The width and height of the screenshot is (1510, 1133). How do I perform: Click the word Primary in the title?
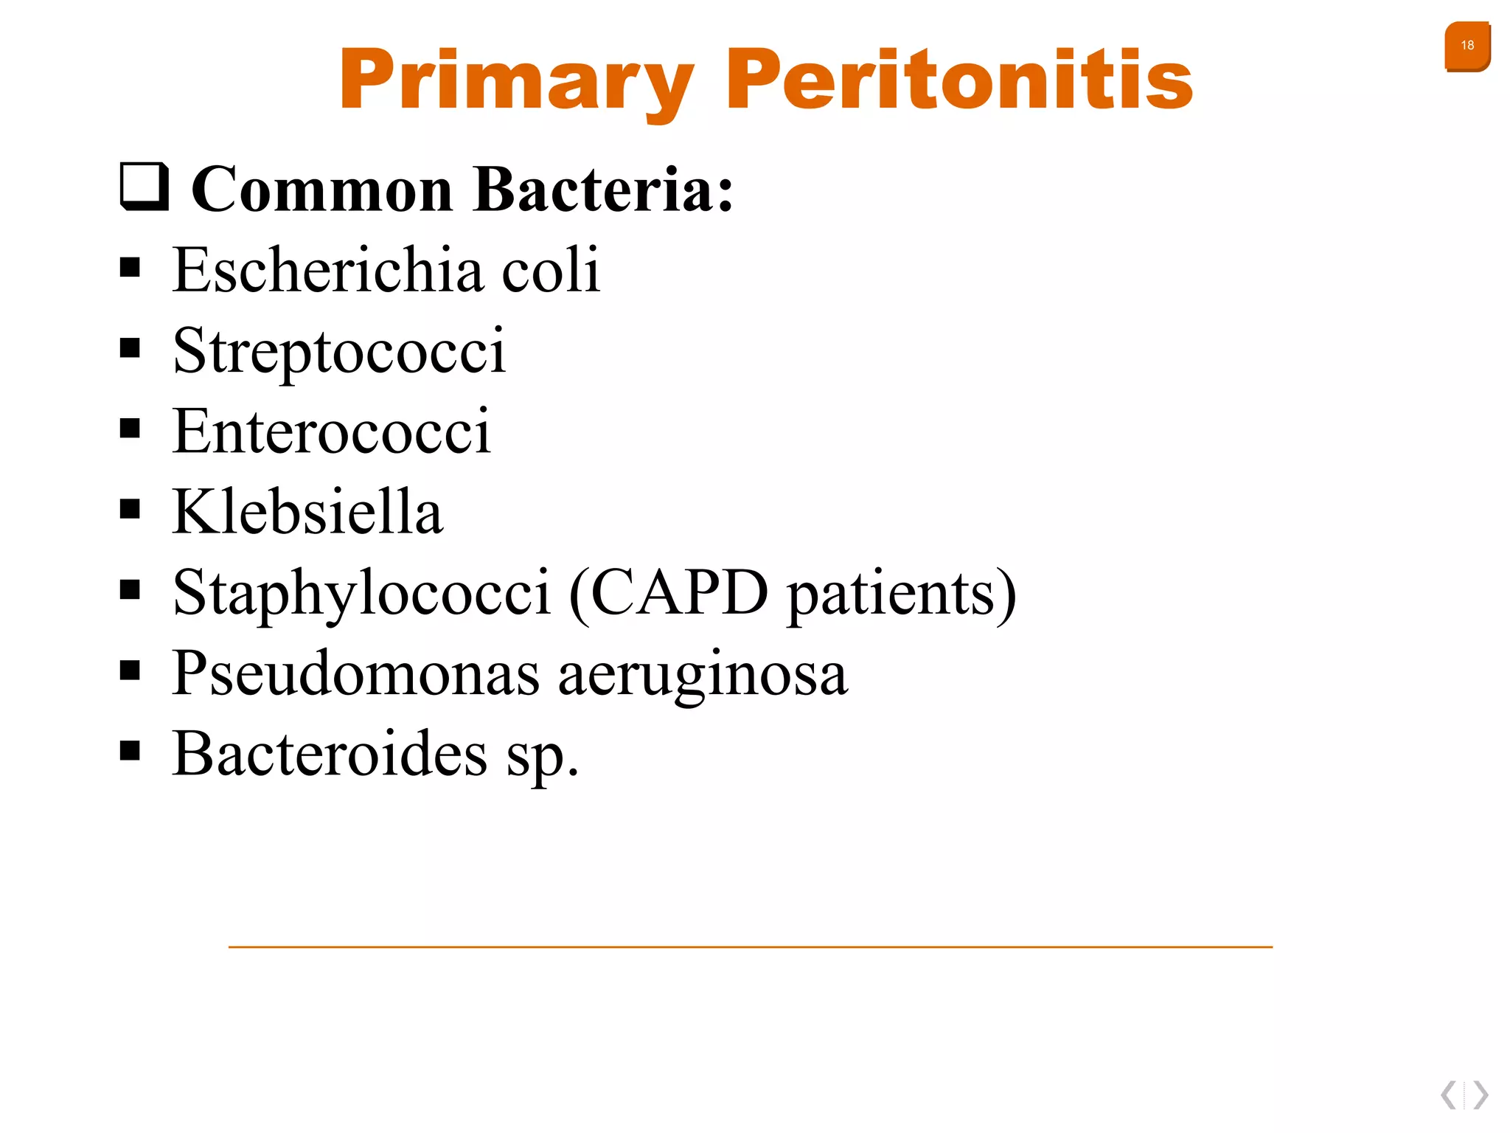pyautogui.click(x=516, y=80)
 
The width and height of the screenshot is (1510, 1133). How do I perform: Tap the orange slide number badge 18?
pyautogui.click(x=1466, y=46)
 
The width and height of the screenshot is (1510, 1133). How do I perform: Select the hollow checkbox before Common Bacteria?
pyautogui.click(x=145, y=187)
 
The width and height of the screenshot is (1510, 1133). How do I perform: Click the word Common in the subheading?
pyautogui.click(x=321, y=190)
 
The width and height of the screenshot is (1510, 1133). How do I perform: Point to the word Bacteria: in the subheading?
pyautogui.click(x=603, y=190)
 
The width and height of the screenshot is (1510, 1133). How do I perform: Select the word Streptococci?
pyautogui.click(x=339, y=351)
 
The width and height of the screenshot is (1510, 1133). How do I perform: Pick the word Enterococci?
pyautogui.click(x=331, y=431)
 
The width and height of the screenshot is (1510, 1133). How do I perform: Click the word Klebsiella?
pyautogui.click(x=307, y=511)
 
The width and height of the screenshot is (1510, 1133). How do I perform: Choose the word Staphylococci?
pyautogui.click(x=361, y=593)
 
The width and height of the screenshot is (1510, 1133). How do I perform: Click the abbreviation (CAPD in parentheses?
pyautogui.click(x=668, y=593)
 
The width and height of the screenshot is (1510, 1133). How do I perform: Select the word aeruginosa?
pyautogui.click(x=703, y=674)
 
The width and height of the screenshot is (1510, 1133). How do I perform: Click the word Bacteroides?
pyautogui.click(x=330, y=754)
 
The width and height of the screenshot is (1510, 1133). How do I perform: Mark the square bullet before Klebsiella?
pyautogui.click(x=130, y=509)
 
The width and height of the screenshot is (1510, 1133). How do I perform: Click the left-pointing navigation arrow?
pyautogui.click(x=1449, y=1095)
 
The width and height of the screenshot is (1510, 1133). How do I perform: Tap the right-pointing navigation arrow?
pyautogui.click(x=1481, y=1095)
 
